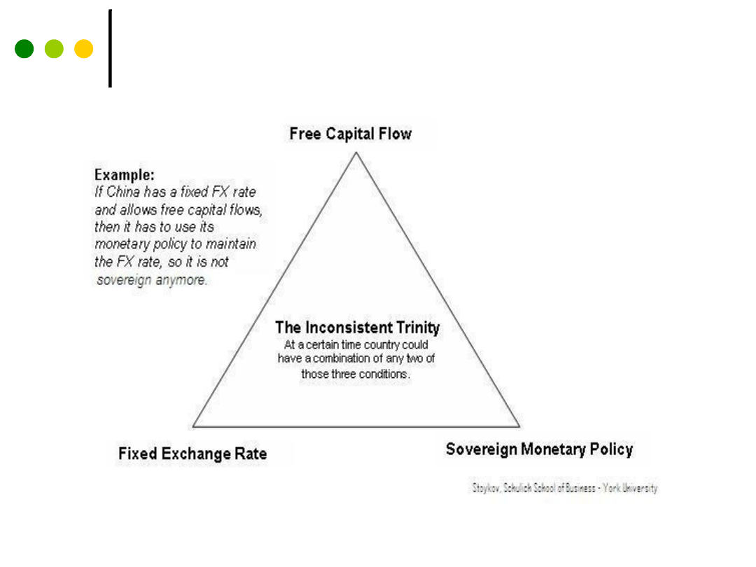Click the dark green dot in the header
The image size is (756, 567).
coord(24,49)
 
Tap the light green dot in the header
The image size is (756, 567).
coord(54,49)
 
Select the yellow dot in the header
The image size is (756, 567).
coord(84,49)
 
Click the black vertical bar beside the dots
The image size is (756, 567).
coord(110,49)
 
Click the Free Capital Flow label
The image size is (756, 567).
coord(351,134)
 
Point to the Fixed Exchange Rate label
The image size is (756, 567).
coord(192,454)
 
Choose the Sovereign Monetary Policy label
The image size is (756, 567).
coord(539,449)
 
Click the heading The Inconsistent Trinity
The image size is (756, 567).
coord(357,327)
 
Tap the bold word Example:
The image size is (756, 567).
coord(125,175)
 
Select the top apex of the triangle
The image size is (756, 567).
coord(356,153)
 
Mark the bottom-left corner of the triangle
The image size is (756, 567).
coord(194,426)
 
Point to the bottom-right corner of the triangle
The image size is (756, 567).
coord(519,426)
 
